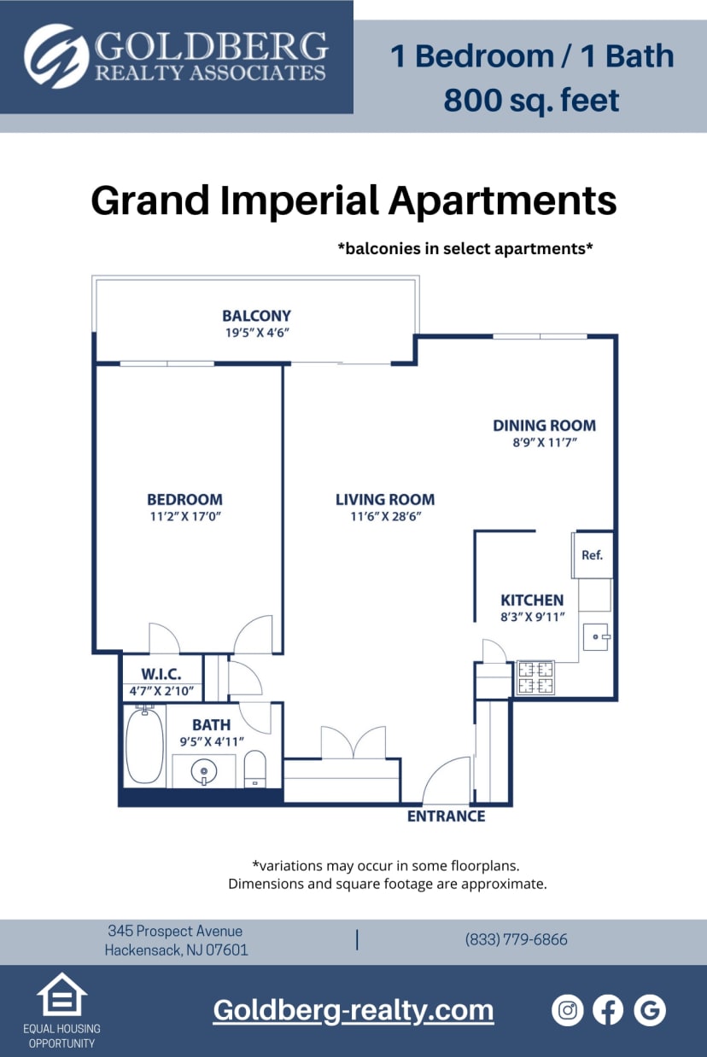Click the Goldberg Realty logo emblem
(x=56, y=56)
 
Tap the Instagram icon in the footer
(x=567, y=1010)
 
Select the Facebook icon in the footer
(x=608, y=1010)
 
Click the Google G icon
(x=650, y=1010)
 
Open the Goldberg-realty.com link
(x=353, y=1010)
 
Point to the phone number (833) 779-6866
(x=516, y=939)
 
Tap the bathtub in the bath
(x=144, y=746)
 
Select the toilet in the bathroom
(x=255, y=769)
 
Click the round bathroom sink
(x=204, y=773)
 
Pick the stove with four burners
(x=535, y=677)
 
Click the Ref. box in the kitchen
(x=593, y=555)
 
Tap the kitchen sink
(x=595, y=636)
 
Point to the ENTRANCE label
(x=446, y=816)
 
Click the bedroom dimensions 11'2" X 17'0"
(x=184, y=517)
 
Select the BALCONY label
(x=256, y=316)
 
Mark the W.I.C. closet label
(x=161, y=675)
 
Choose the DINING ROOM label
(x=544, y=425)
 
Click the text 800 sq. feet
(x=531, y=101)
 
